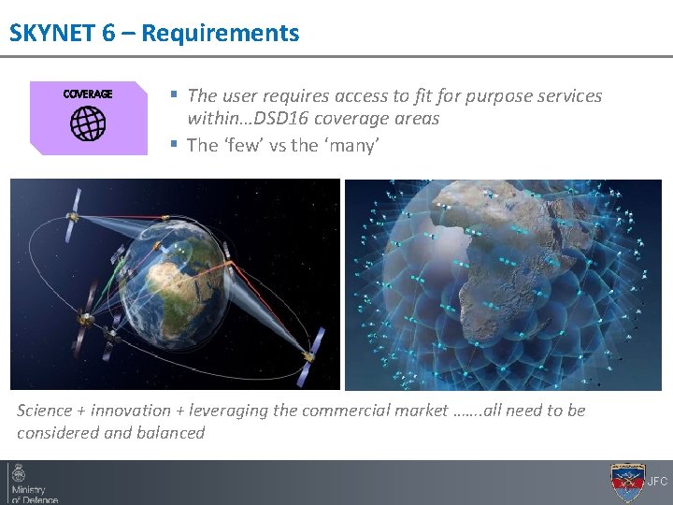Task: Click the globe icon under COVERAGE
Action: click(88, 123)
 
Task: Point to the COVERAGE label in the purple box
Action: click(88, 94)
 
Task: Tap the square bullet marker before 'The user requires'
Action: click(174, 95)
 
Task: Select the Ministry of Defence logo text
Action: click(34, 493)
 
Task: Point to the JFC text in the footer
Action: click(658, 483)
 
